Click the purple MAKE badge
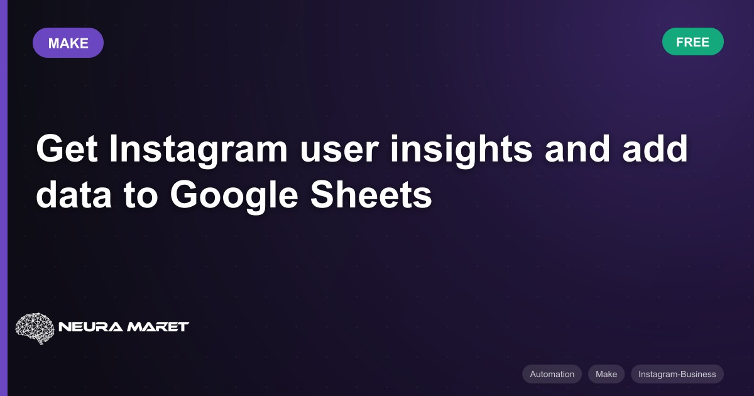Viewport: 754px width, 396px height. tap(68, 43)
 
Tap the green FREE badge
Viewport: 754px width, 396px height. tap(692, 41)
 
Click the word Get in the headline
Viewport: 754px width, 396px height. tap(67, 148)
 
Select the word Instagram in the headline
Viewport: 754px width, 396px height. tap(199, 150)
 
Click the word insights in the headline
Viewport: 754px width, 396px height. tap(461, 150)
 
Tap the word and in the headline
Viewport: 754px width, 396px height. tap(577, 148)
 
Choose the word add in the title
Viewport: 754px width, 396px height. tap(655, 148)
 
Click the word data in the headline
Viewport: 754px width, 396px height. tap(74, 195)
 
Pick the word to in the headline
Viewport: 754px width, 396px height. tap(140, 196)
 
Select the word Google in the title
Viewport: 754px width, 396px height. tap(234, 197)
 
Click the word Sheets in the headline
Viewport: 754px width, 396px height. tap(371, 195)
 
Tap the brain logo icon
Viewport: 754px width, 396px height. tap(35, 328)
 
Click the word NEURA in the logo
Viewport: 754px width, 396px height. tap(90, 327)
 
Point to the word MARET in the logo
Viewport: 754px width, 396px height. tap(158, 327)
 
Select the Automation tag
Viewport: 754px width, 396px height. tap(552, 374)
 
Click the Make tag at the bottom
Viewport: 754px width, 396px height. tap(606, 374)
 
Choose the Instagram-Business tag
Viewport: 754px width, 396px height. tap(677, 374)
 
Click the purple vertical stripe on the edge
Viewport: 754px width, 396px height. tap(4, 198)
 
